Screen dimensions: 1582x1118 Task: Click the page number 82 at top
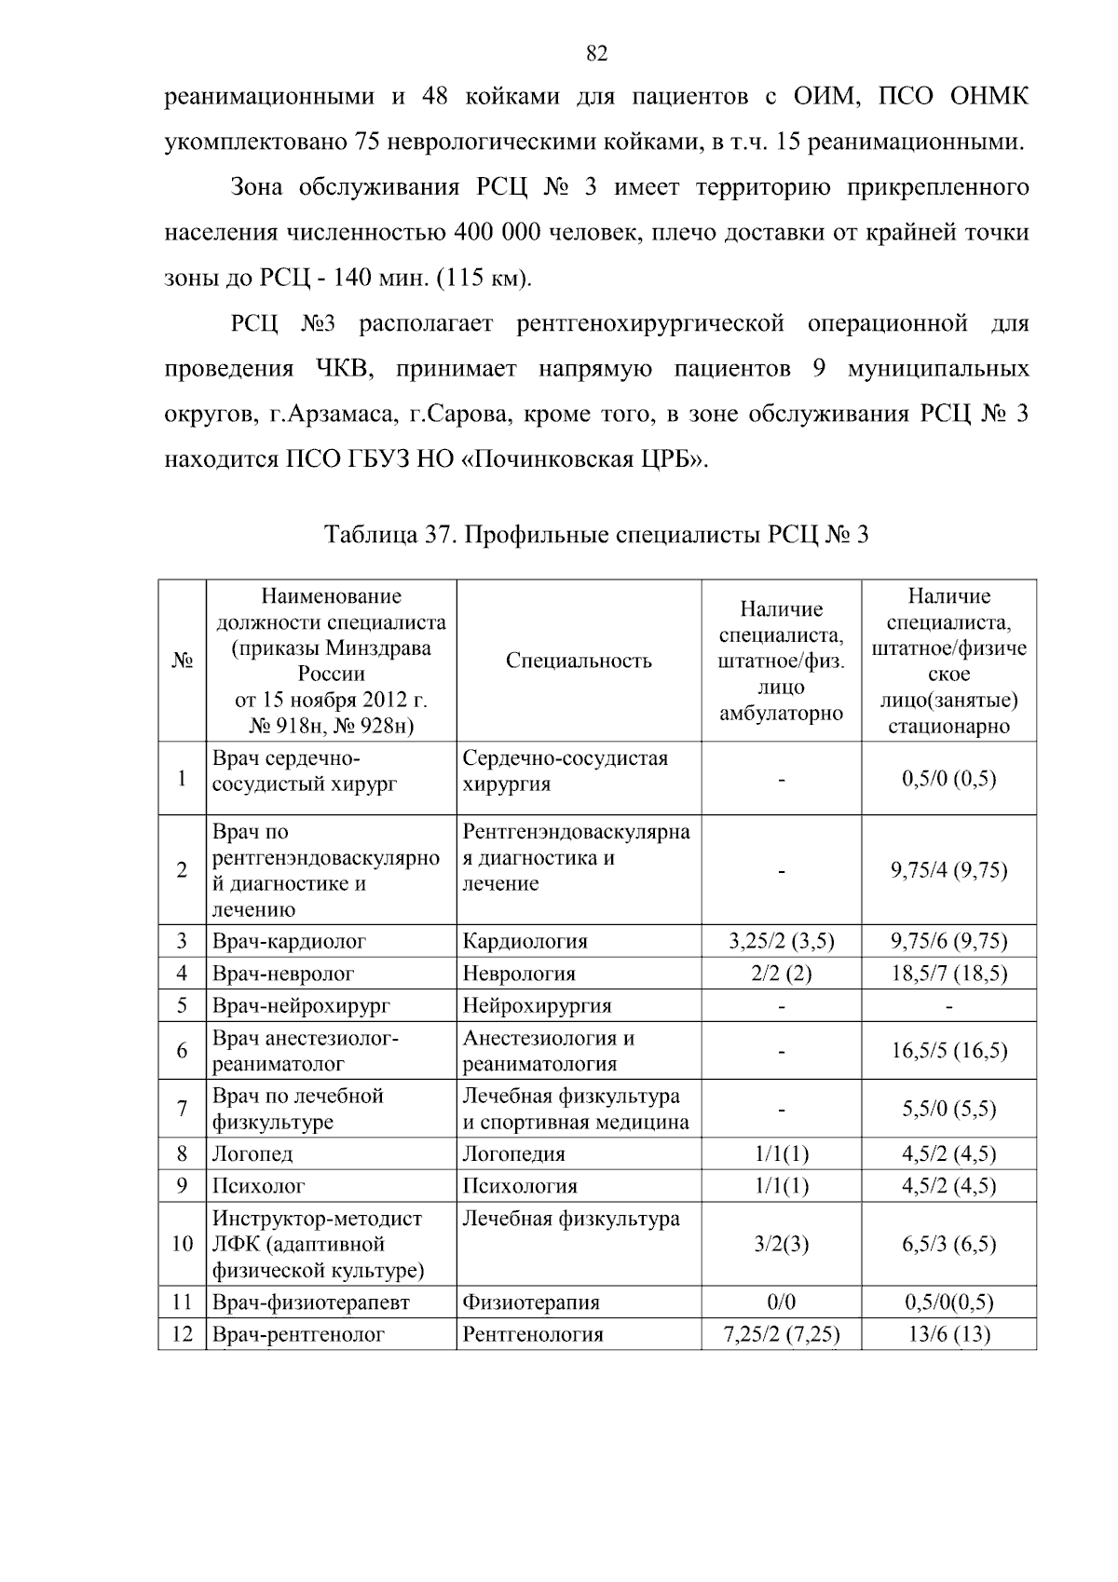597,54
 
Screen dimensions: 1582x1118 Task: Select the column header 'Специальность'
579,661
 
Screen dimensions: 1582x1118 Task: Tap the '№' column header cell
182,661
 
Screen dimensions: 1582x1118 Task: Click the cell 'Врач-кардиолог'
289,941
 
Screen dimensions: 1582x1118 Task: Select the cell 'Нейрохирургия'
537,1005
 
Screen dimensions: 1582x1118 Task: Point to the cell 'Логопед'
252,1153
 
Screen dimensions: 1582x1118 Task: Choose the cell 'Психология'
520,1186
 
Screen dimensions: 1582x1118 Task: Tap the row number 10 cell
182,1244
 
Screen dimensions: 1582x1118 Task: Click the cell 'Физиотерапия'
531,1302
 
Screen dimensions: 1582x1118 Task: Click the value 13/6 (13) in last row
948,1334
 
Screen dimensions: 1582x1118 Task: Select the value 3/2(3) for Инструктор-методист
781,1244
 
